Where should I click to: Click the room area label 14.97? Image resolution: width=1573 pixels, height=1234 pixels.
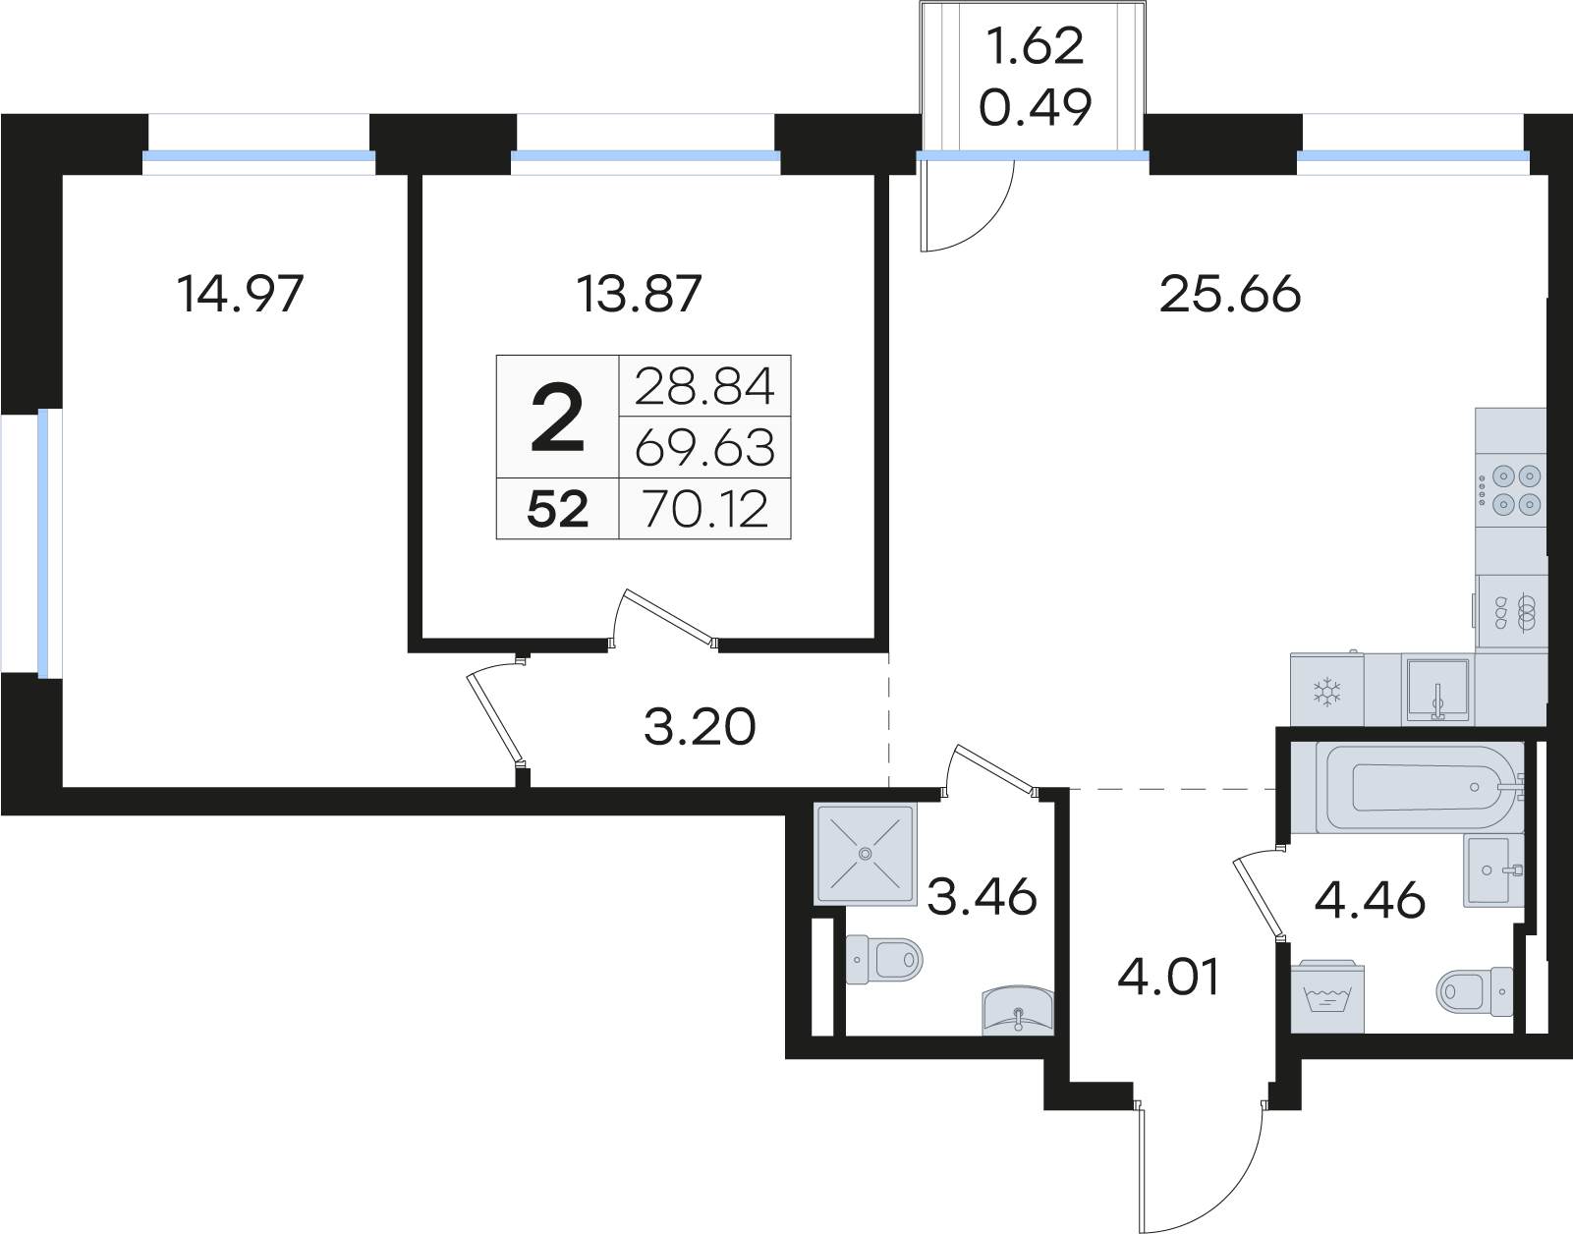pyautogui.click(x=240, y=294)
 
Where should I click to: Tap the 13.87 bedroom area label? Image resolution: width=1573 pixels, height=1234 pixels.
pyautogui.click(x=640, y=294)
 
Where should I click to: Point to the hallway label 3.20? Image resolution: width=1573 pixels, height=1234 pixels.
pyautogui.click(x=700, y=727)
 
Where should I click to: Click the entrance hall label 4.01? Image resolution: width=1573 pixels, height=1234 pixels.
pyautogui.click(x=1168, y=976)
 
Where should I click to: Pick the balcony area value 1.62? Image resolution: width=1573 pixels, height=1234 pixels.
pyautogui.click(x=1036, y=45)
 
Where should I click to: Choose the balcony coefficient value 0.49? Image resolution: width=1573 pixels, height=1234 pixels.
pyautogui.click(x=1036, y=106)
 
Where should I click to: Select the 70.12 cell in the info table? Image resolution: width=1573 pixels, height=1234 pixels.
pyautogui.click(x=704, y=509)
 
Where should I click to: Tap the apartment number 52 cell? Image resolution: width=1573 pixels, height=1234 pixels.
pyautogui.click(x=557, y=509)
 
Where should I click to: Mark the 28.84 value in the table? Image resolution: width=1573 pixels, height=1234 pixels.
pyautogui.click(x=704, y=386)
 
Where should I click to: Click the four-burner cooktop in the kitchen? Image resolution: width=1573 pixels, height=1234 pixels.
pyautogui.click(x=1511, y=490)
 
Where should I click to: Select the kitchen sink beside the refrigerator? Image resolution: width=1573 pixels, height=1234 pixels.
pyautogui.click(x=1437, y=690)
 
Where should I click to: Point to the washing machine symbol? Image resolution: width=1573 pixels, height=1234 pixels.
pyautogui.click(x=1326, y=996)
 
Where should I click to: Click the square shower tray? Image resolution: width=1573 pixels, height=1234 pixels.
pyautogui.click(x=865, y=854)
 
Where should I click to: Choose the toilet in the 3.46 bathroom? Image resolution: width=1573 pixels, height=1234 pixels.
pyautogui.click(x=884, y=961)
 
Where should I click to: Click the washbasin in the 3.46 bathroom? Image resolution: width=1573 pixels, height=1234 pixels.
pyautogui.click(x=1017, y=1010)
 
